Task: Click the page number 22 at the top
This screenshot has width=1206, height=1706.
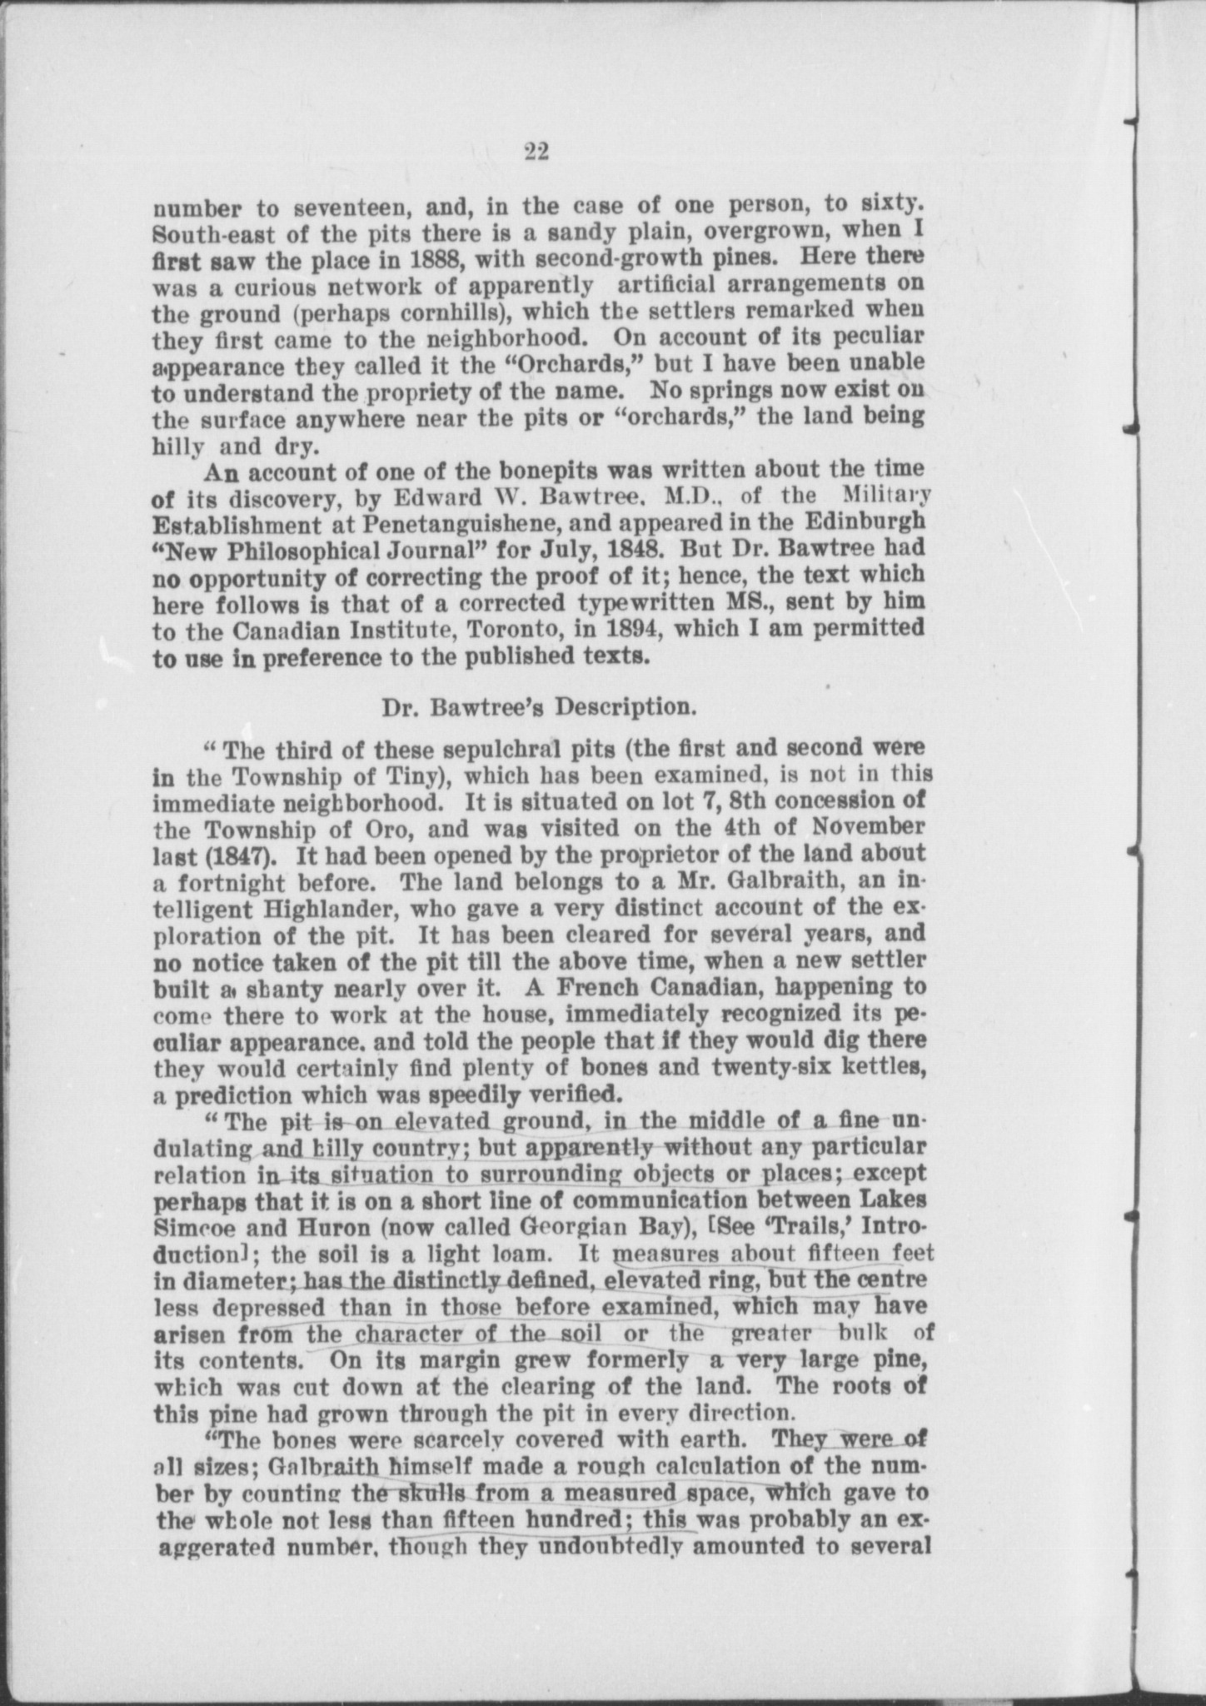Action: point(536,151)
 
